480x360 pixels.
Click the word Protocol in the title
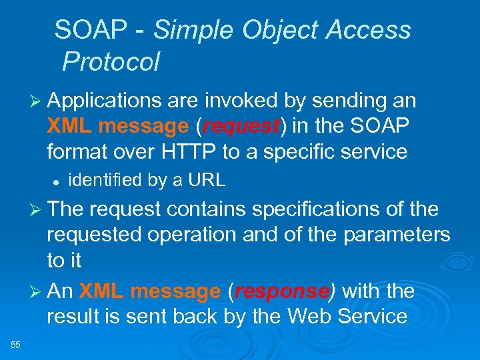click(111, 62)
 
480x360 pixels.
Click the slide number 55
click(16, 344)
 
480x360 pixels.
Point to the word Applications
click(105, 101)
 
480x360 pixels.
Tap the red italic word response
click(281, 292)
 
